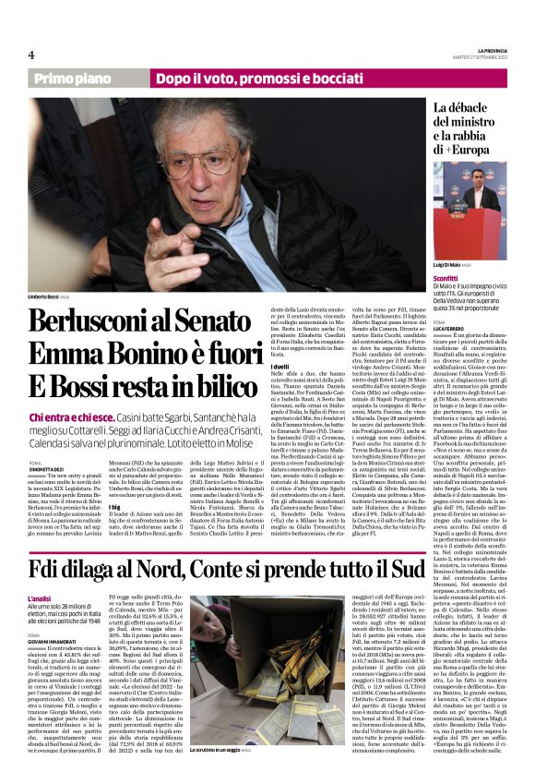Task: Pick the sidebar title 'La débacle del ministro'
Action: point(470,128)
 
